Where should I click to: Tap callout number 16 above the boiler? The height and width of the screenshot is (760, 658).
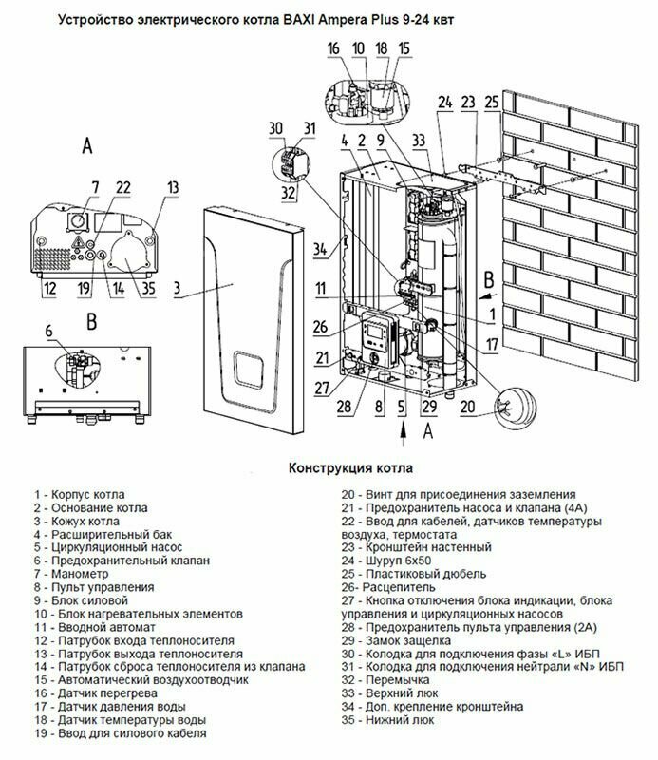click(x=333, y=48)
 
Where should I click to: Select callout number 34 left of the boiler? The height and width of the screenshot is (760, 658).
click(x=320, y=249)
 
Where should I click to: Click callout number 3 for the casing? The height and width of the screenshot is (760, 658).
click(x=177, y=288)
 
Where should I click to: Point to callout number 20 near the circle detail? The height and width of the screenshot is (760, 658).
click(x=467, y=407)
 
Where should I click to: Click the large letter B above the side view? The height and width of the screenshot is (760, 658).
click(x=91, y=321)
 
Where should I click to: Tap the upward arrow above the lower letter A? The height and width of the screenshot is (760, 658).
click(x=403, y=433)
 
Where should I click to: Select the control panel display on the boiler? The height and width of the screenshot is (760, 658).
click(x=374, y=332)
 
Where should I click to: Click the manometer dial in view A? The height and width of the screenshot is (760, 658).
click(x=77, y=221)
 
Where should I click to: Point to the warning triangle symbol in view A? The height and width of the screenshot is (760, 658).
click(x=77, y=242)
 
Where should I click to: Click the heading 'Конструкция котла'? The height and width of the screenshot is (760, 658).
click(x=350, y=468)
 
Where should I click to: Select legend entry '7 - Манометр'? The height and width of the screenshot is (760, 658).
click(x=71, y=574)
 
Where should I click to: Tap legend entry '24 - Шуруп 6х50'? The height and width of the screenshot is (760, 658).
click(x=386, y=560)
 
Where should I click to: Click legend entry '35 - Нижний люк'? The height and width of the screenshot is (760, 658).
click(x=387, y=720)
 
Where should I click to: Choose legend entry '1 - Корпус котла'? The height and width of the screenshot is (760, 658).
click(x=80, y=495)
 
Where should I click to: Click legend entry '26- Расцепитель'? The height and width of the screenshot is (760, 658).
click(x=388, y=587)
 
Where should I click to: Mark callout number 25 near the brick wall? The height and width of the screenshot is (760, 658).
click(x=492, y=103)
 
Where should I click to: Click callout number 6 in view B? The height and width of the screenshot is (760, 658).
click(x=49, y=331)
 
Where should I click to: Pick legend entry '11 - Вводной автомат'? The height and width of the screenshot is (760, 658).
click(x=95, y=627)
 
